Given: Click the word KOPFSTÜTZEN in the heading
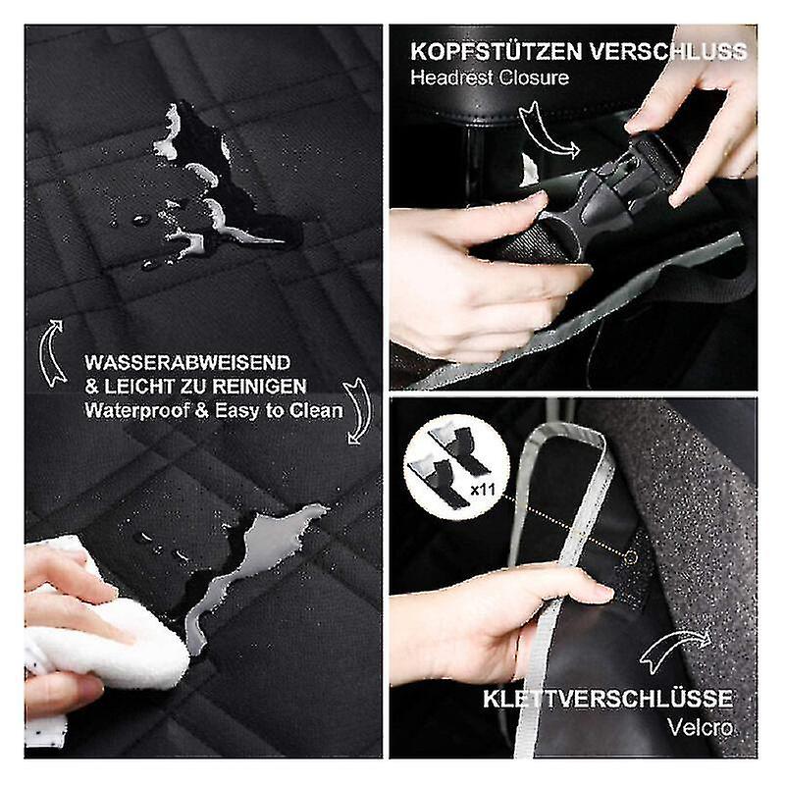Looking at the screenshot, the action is pos(496,51).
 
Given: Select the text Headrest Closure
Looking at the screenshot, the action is pos(489,78).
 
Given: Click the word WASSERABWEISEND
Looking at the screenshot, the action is pos(187,362).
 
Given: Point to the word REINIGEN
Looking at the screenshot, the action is pos(259,386).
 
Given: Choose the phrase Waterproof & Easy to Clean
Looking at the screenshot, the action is pos(214,410).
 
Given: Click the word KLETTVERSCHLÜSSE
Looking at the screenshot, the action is pos(607,699).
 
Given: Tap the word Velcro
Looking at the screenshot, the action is pos(700,727).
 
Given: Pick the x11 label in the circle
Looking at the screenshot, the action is pos(483,489).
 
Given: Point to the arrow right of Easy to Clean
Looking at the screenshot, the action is pos(358,410).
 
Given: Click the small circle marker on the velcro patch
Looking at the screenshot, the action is pos(632,556).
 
